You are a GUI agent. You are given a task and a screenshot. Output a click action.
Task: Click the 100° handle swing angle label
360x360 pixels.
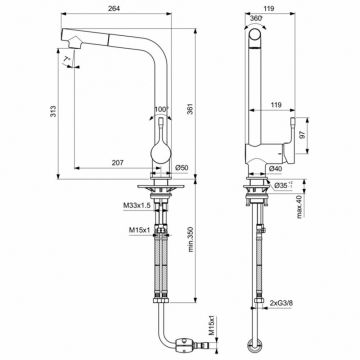pos(161,109)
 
